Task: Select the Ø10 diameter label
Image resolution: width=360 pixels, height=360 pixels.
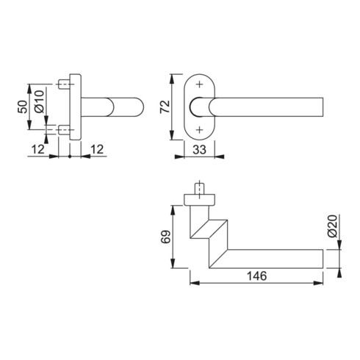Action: click(x=40, y=106)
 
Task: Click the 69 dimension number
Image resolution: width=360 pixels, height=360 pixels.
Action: click(x=165, y=237)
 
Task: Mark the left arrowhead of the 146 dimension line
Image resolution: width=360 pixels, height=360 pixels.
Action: click(x=192, y=282)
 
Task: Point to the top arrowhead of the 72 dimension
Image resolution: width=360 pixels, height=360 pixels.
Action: click(x=173, y=76)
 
